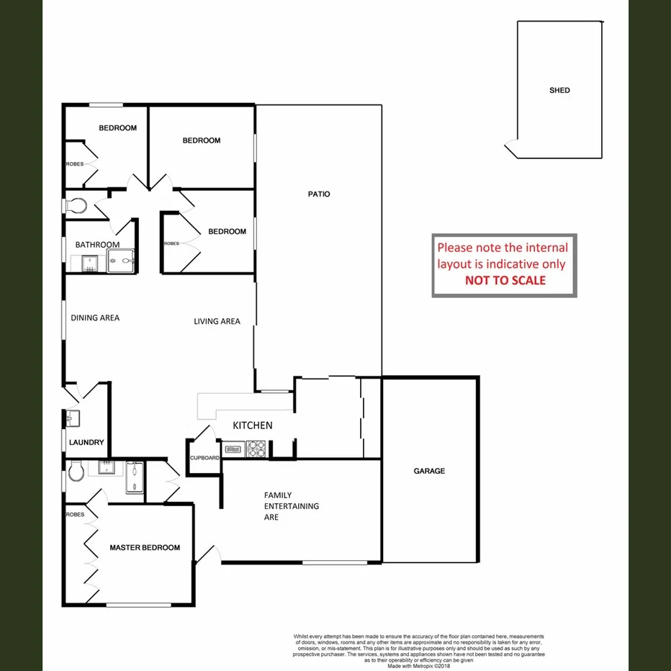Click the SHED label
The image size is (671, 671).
pos(559,90)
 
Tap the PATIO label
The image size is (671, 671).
pos(319,194)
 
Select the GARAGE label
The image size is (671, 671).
pos(429,471)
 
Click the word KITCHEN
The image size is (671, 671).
pos(252,425)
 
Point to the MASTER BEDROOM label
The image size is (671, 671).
pos(145,548)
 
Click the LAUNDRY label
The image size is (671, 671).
pos(87,443)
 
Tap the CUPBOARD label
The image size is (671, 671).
pos(204,458)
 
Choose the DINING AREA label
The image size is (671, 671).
pos(95,318)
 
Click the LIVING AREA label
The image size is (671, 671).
pos(217,321)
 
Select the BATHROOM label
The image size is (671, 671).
pos(97,245)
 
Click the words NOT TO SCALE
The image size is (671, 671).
pos(505,280)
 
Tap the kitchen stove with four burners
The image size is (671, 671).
pos(257,449)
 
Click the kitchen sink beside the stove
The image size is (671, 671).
pos(234,450)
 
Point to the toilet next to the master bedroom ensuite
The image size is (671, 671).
pos(76,472)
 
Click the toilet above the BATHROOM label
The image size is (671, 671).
pos(76,206)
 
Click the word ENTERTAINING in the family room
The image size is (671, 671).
pos(292,506)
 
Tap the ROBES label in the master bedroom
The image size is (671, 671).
pos(75,515)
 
